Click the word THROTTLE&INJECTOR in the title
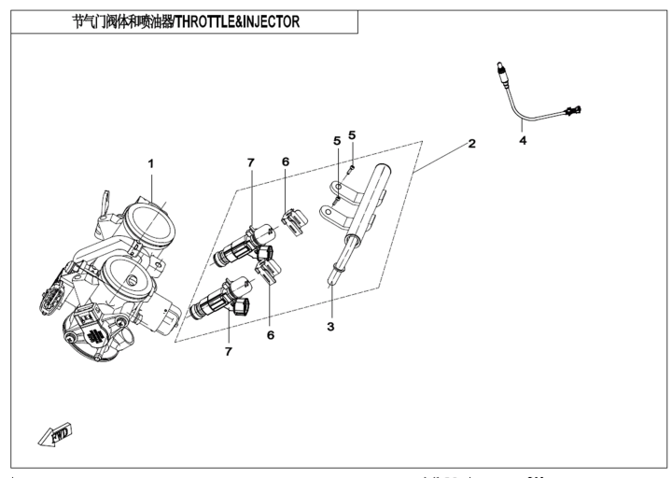tap(237, 21)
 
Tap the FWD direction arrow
tap(55, 435)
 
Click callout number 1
tap(150, 163)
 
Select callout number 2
tap(472, 143)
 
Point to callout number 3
tap(330, 326)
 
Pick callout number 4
tap(523, 140)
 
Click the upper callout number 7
tap(251, 162)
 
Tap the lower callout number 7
tap(229, 351)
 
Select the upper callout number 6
tap(286, 162)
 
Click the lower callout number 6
tap(271, 335)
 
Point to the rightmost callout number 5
tap(352, 135)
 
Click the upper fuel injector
tap(243, 246)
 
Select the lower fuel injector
tap(219, 300)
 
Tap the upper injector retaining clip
tap(295, 221)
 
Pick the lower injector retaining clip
tap(268, 272)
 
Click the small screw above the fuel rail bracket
tap(352, 168)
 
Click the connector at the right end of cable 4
tap(573, 110)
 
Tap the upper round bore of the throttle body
tap(150, 225)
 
